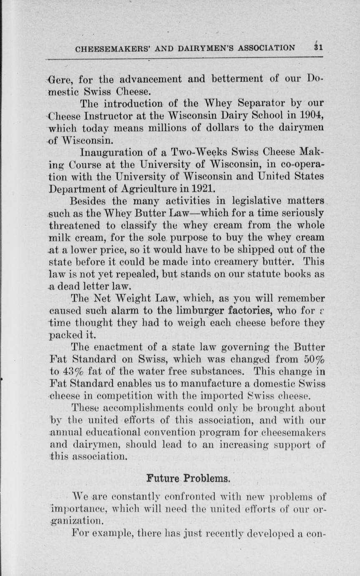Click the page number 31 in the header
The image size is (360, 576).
(x=318, y=47)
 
